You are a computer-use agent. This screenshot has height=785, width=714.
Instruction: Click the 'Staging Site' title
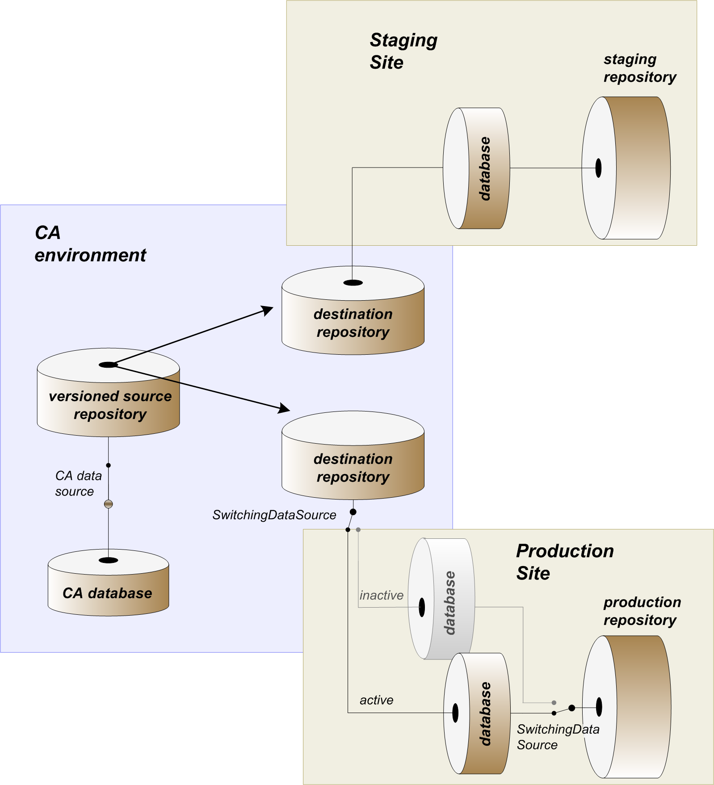pos(403,51)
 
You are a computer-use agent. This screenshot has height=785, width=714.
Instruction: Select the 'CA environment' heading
pos(90,244)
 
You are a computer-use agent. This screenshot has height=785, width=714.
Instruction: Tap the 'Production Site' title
pos(565,562)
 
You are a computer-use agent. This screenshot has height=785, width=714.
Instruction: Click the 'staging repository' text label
pos(639,68)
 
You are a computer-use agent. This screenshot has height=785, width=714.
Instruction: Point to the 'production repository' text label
pos(642,611)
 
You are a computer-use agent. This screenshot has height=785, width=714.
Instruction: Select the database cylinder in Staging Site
pos(477,168)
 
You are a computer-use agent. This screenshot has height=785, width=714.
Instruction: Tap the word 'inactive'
pos(381,595)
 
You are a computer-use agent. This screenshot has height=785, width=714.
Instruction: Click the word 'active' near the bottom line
pos(376,700)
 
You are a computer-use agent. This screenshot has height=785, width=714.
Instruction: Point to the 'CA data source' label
pos(78,483)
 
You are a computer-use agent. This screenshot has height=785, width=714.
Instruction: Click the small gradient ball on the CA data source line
pos(108,504)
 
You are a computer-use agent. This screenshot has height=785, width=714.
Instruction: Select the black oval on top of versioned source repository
pos(108,365)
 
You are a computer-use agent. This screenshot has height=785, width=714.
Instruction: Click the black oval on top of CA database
pos(108,560)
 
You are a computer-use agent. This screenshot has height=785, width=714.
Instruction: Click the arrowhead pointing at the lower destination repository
pos(284,408)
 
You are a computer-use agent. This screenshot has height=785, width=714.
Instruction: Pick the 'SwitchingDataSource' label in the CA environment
pos(274,515)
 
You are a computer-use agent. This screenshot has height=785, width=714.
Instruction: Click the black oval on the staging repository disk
pos(598,168)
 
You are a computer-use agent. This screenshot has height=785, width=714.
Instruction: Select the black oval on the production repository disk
pos(599,707)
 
